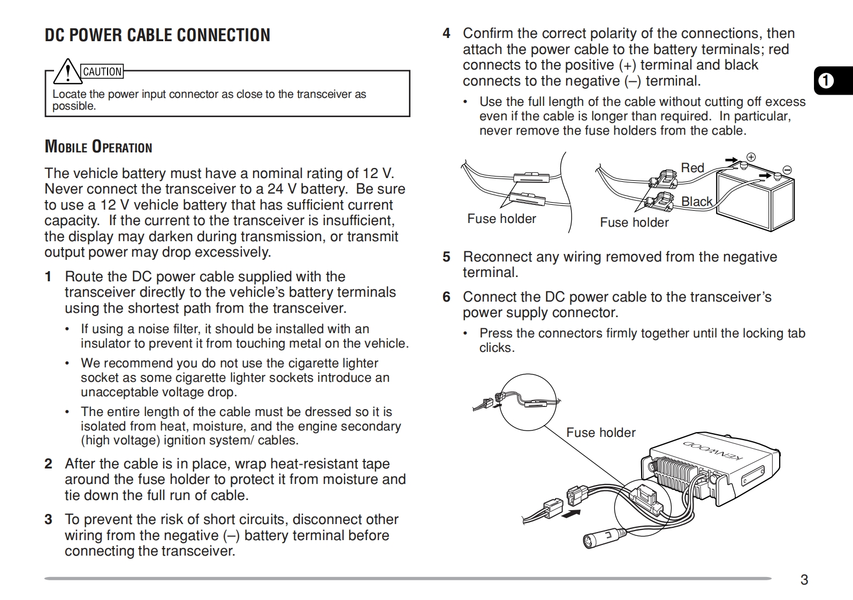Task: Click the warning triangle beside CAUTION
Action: (67, 71)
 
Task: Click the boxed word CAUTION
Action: (102, 72)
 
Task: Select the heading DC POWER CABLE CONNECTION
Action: (157, 35)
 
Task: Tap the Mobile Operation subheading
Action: (98, 147)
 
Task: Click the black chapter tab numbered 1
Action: (826, 81)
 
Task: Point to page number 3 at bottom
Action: (804, 580)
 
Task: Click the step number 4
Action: (446, 34)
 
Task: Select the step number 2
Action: (49, 464)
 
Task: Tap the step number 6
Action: (446, 297)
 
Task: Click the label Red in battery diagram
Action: (692, 168)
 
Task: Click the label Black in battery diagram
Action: (697, 202)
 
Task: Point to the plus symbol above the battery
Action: (751, 157)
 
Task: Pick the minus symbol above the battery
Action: (787, 170)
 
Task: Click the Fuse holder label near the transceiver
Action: (600, 433)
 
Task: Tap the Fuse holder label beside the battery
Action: (634, 222)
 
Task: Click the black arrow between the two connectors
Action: (572, 513)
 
